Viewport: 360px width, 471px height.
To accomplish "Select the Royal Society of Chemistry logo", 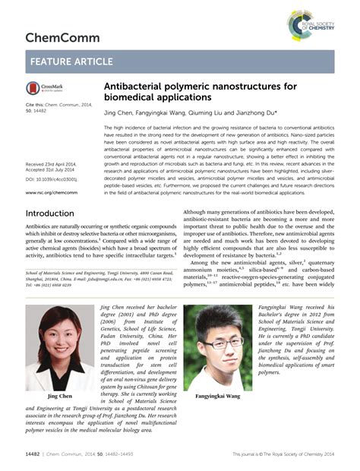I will (x=309, y=24).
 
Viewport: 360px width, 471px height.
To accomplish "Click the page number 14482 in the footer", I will (x=34, y=454).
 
